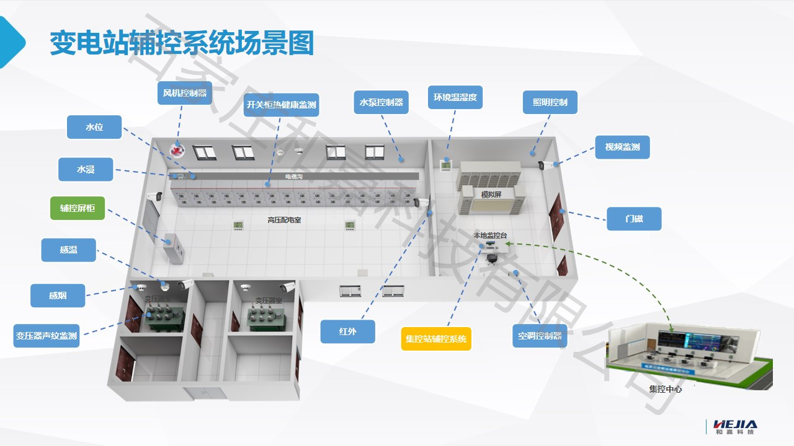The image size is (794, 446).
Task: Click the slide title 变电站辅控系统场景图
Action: click(181, 43)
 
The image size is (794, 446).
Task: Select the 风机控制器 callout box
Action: click(184, 94)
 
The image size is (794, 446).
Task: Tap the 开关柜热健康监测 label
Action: click(281, 105)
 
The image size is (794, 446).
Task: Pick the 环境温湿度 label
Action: click(455, 98)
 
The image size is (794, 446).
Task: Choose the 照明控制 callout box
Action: click(550, 102)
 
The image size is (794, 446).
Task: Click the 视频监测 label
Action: click(622, 147)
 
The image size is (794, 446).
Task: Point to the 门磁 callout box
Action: click(634, 219)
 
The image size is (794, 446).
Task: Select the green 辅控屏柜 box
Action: click(78, 208)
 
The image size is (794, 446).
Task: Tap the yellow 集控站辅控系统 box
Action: click(436, 339)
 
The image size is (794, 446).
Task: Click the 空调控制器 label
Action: click(540, 336)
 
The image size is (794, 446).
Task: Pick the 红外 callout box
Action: click(347, 331)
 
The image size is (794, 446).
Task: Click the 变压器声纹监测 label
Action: click(47, 336)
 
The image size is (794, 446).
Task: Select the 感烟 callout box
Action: click(58, 295)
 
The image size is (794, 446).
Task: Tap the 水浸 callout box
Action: click(86, 169)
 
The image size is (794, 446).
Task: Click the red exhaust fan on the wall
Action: click(178, 151)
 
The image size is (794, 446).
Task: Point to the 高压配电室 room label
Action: click(284, 220)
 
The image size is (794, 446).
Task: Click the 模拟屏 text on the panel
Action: click(491, 195)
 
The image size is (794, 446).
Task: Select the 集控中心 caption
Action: click(665, 390)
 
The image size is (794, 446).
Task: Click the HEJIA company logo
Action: click(735, 427)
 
